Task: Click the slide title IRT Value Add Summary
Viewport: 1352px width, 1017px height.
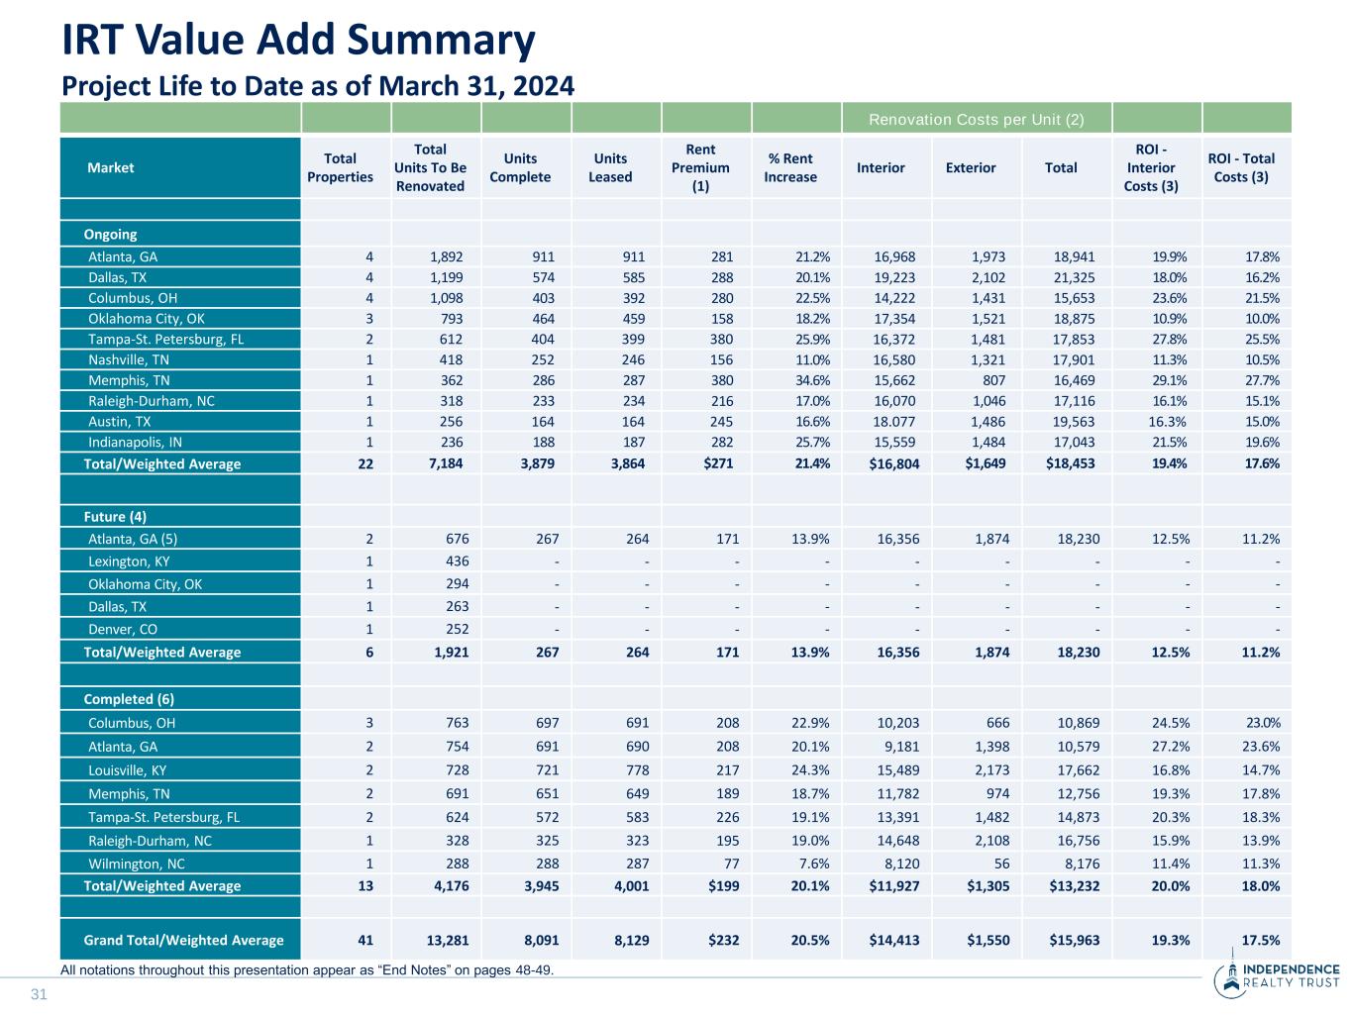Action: click(298, 41)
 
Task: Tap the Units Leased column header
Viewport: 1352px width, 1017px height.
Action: click(610, 167)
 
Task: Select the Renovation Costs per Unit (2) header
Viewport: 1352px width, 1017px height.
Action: click(976, 120)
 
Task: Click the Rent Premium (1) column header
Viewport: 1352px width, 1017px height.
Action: click(700, 167)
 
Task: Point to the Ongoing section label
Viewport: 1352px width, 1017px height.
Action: click(110, 235)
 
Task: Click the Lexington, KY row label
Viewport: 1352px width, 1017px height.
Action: click(129, 561)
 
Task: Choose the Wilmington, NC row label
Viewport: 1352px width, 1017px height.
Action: click(137, 864)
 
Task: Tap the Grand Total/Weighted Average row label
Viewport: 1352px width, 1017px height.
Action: click(183, 940)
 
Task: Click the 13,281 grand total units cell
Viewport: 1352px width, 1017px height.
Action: click(446, 940)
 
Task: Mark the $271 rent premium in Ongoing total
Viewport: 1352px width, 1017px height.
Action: click(717, 462)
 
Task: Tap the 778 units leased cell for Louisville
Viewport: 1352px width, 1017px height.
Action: click(634, 770)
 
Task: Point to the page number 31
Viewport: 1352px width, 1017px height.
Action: click(40, 994)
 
